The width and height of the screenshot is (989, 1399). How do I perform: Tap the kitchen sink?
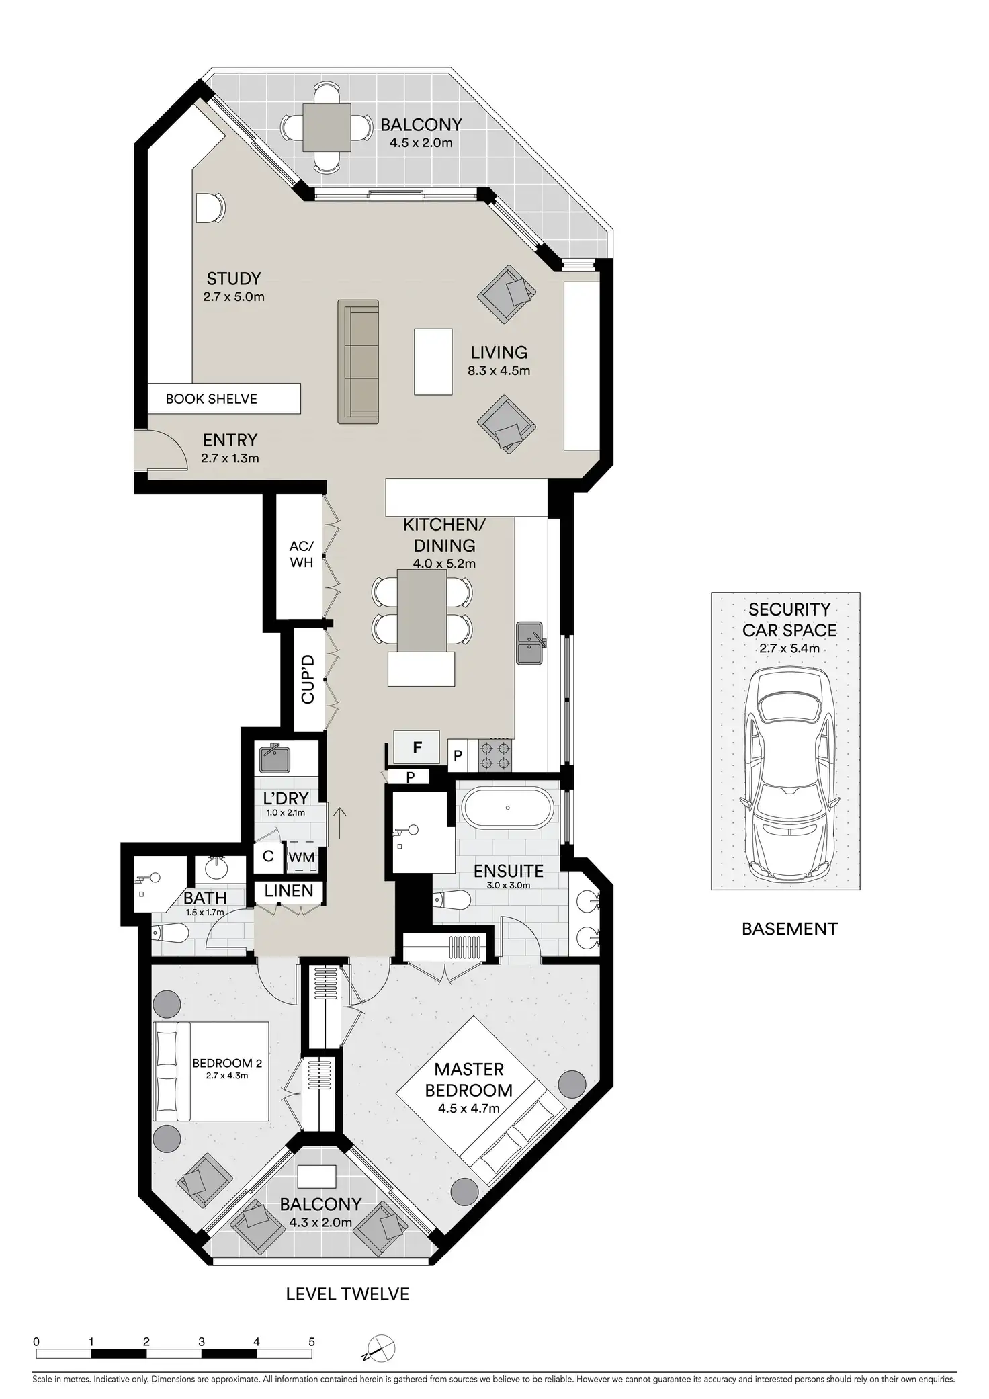point(529,643)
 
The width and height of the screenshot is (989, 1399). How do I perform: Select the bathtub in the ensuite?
point(507,808)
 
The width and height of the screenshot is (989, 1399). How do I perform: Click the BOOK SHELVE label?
point(212,399)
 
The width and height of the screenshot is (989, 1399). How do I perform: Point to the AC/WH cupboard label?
point(302,554)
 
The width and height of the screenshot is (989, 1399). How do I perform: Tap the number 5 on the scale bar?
point(311,1323)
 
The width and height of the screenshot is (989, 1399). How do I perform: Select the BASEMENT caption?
point(789,929)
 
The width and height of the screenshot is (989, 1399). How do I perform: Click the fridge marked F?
point(417,747)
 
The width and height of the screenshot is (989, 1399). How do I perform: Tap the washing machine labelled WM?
point(301,858)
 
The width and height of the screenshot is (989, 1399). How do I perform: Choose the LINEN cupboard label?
point(289,891)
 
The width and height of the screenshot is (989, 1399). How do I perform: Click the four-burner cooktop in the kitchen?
point(495,755)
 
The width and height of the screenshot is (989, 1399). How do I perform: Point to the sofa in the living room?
point(358,362)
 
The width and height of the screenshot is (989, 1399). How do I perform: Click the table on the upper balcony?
point(327,128)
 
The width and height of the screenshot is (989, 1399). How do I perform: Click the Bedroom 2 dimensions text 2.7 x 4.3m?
point(227,1076)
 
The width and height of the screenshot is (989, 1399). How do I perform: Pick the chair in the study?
point(210,208)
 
